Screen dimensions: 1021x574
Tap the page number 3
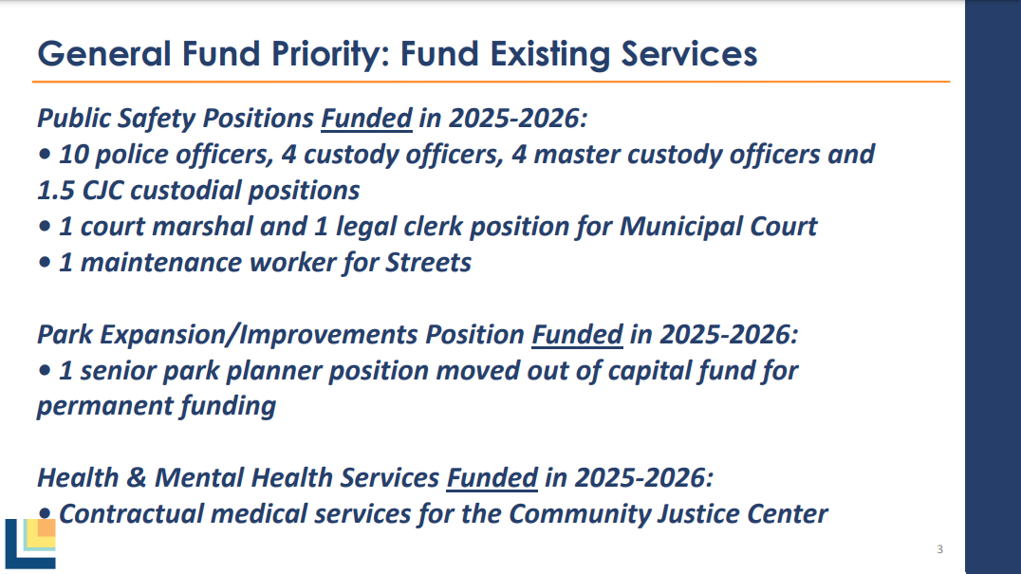click(939, 549)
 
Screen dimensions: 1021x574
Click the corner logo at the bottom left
click(30, 544)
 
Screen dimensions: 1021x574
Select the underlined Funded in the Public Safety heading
click(366, 119)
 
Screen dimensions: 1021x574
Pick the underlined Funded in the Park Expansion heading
click(578, 335)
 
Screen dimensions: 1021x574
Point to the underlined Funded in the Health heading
click(492, 477)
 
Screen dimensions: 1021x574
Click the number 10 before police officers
click(73, 155)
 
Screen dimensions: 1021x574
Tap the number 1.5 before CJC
click(56, 191)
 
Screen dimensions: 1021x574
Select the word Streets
click(429, 263)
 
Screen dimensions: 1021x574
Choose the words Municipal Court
click(718, 227)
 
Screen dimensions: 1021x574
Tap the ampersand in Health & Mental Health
click(136, 478)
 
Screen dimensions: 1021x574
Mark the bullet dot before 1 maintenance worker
click(45, 262)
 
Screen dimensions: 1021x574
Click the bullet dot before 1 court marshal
click(45, 227)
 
